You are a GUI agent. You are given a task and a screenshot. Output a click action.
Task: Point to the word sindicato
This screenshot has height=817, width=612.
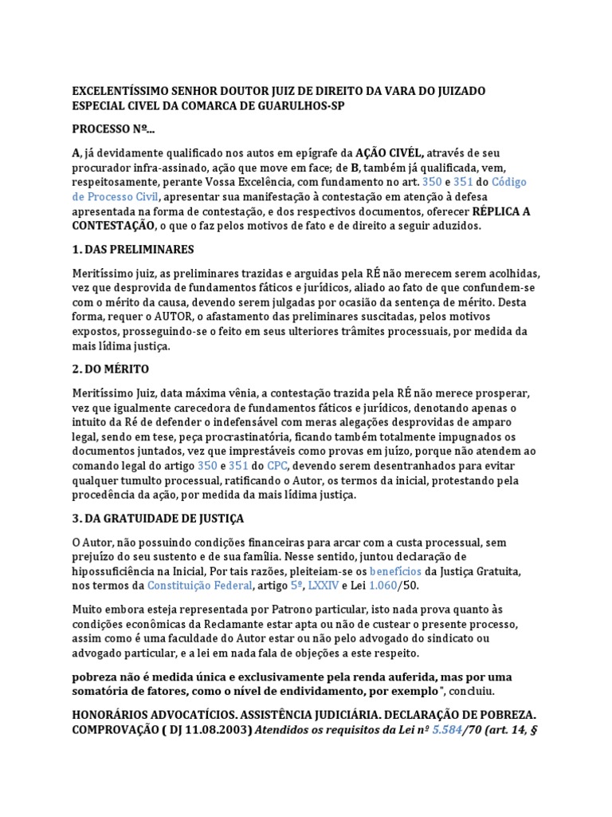[453, 638]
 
